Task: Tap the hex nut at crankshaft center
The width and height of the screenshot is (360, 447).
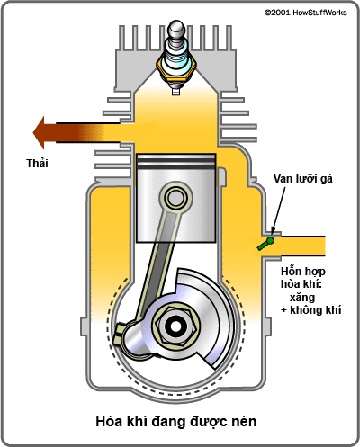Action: (175, 320)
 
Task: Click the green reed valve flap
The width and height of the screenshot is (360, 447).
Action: (265, 243)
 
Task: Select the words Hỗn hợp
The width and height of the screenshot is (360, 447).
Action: (301, 270)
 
